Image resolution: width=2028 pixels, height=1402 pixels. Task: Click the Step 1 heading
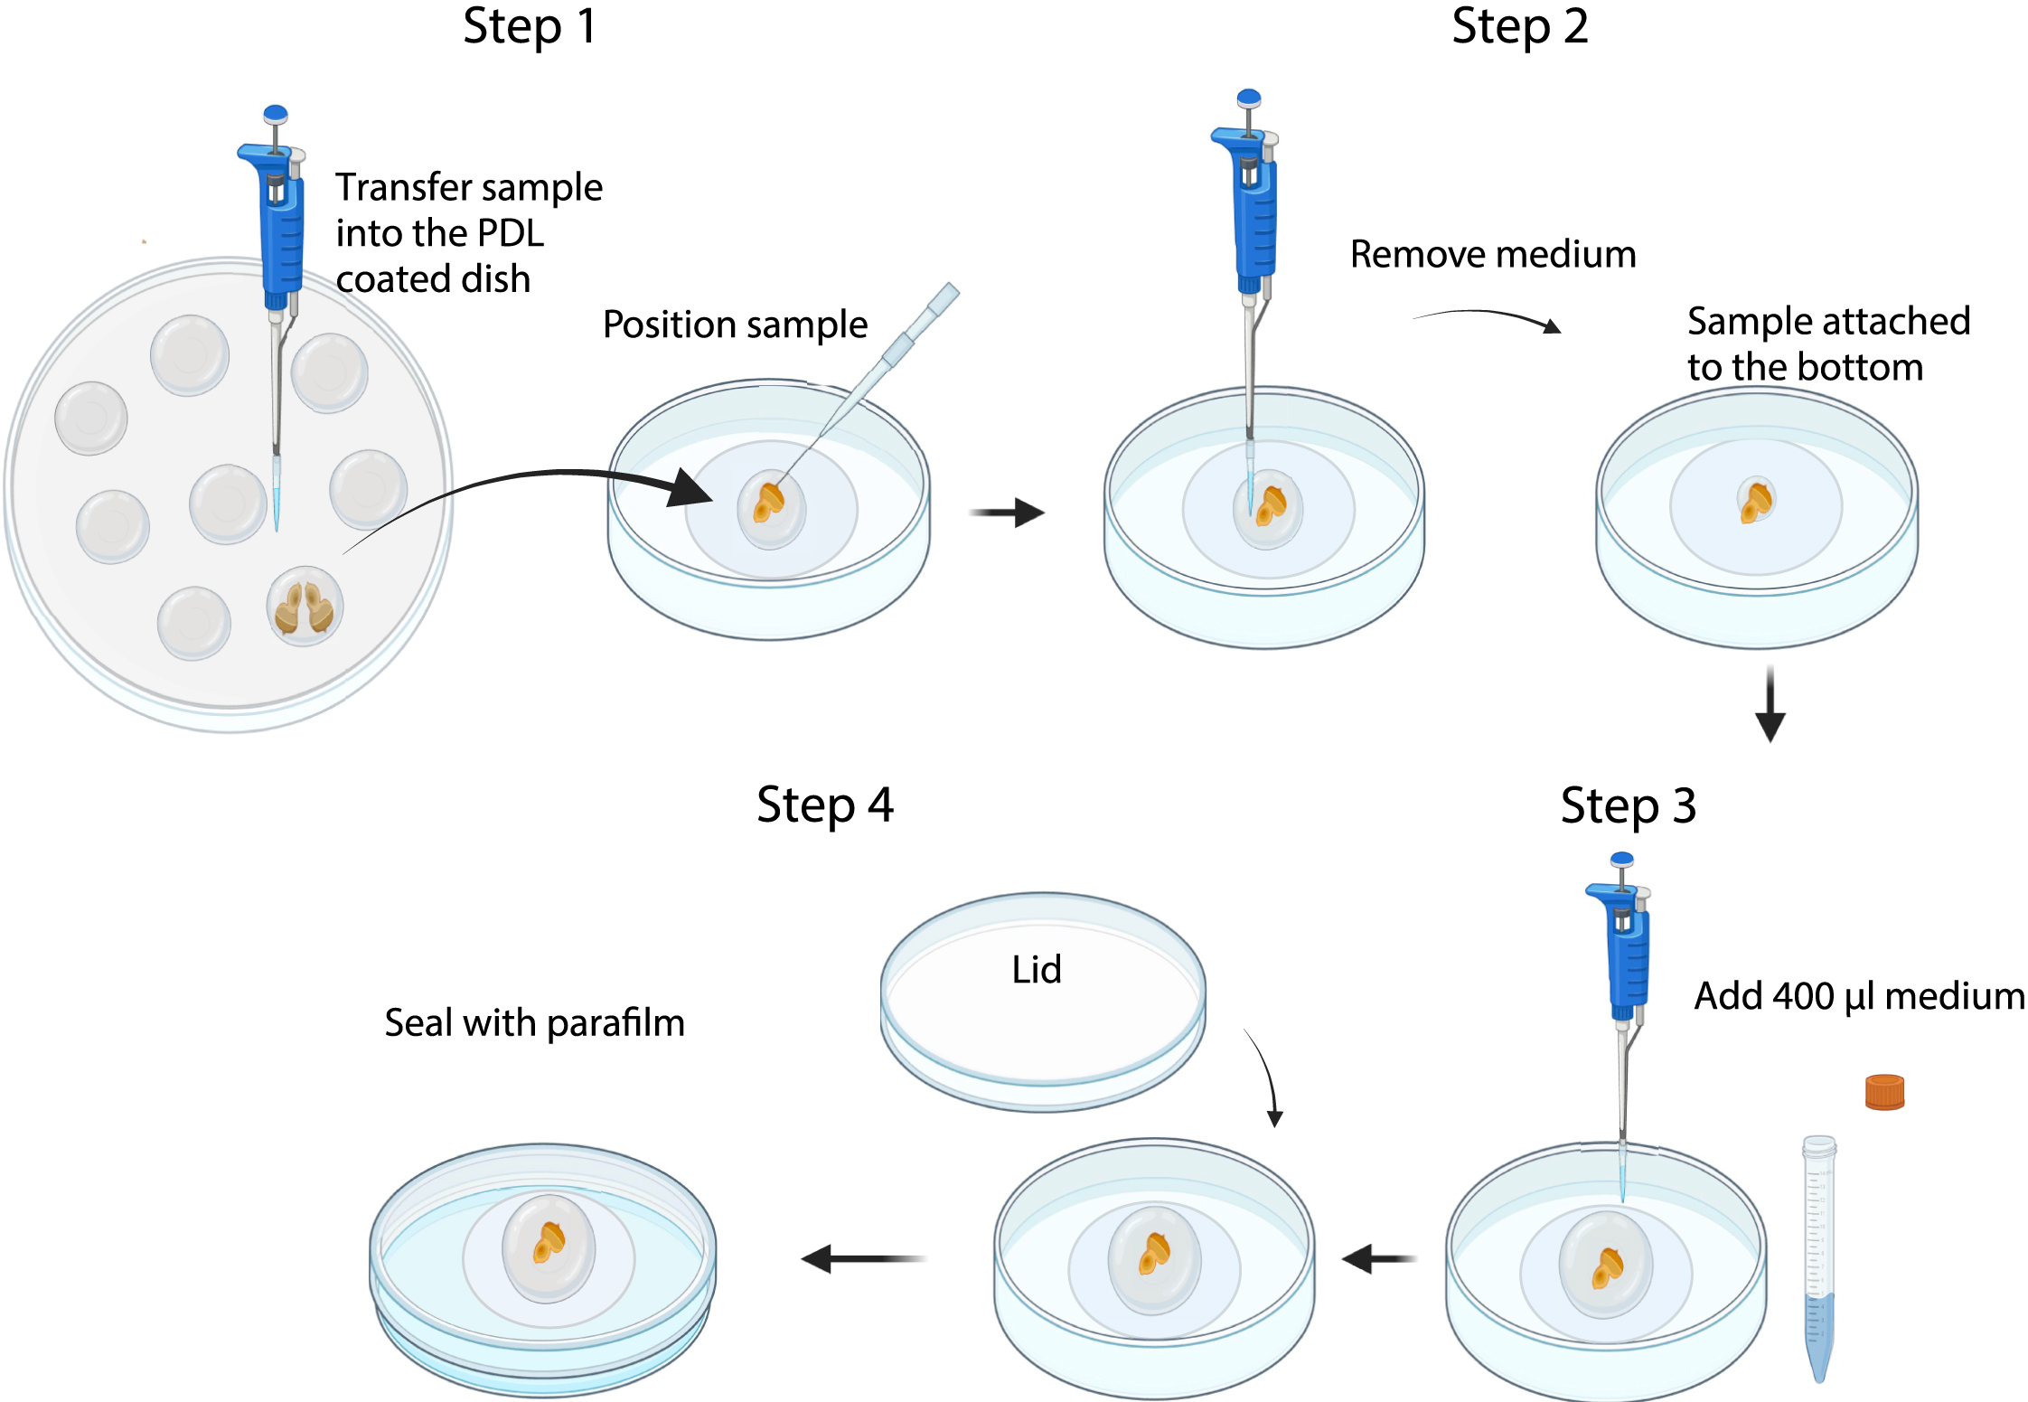[x=530, y=27]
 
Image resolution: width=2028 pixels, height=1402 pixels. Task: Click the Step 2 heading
[x=1519, y=27]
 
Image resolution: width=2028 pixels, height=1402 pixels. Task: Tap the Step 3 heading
[x=1628, y=805]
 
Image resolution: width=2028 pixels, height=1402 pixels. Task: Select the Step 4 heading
[x=824, y=805]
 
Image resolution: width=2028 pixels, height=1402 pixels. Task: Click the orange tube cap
[x=1884, y=1092]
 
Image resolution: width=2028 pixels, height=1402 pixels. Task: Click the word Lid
[x=1037, y=970]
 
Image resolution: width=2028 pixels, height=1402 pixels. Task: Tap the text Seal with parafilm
[x=534, y=1023]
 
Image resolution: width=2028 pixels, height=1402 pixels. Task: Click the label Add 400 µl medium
[x=1858, y=996]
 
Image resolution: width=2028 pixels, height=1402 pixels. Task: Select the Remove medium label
[x=1493, y=255]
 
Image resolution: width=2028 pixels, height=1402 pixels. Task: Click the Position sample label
[x=735, y=325]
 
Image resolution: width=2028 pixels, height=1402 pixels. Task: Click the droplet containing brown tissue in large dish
[x=305, y=606]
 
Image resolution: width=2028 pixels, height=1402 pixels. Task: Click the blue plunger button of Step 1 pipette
[x=276, y=114]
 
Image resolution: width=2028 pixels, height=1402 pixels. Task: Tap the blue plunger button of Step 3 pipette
[x=1622, y=859]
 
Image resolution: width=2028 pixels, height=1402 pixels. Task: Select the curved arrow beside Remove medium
[x=1487, y=318]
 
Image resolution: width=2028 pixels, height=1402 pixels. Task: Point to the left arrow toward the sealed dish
[x=863, y=1258]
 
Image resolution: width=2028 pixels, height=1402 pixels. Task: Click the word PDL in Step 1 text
[x=510, y=234]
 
